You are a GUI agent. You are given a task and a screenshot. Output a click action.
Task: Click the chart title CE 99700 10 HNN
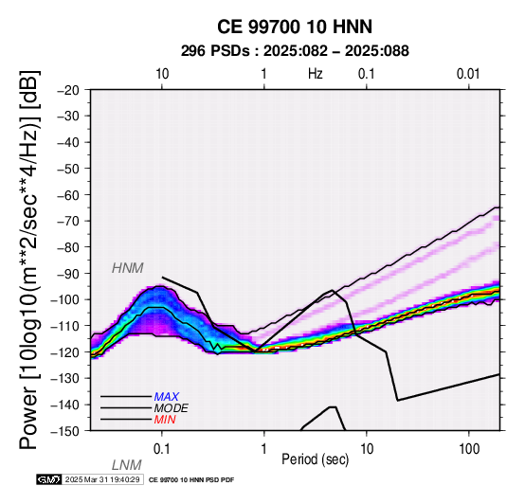click(x=295, y=27)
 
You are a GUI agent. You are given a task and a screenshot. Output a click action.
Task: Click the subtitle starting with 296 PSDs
click(x=295, y=51)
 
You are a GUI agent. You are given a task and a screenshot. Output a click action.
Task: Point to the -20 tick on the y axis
click(x=68, y=90)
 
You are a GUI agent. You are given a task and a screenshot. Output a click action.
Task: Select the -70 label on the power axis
click(x=68, y=221)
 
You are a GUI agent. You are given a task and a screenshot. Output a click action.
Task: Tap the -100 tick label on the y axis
click(x=65, y=299)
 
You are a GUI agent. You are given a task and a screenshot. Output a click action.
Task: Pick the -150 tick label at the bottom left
click(x=65, y=431)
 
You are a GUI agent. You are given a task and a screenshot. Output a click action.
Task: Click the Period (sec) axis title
click(x=315, y=459)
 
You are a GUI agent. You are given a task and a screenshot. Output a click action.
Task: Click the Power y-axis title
click(x=29, y=260)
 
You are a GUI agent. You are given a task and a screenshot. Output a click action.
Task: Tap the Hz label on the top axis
click(x=315, y=74)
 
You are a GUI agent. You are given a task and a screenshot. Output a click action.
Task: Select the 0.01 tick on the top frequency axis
click(x=468, y=74)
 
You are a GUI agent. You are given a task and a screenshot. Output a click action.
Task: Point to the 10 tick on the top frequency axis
click(x=162, y=74)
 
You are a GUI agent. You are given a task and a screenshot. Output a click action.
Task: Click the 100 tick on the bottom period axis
click(x=469, y=449)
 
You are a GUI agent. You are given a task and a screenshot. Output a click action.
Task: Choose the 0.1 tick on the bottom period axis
click(x=162, y=449)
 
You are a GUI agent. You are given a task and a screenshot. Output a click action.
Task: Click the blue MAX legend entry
click(x=167, y=397)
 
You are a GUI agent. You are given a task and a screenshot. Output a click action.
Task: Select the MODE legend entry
click(x=172, y=408)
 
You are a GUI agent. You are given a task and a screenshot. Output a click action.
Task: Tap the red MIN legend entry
click(x=165, y=420)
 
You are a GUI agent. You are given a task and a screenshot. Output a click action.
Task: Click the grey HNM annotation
click(x=128, y=268)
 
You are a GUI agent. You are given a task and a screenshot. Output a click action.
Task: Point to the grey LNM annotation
click(x=127, y=465)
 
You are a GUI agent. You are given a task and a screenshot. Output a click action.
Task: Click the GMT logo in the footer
click(x=49, y=479)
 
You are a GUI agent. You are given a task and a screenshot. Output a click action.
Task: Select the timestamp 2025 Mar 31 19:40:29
click(x=102, y=479)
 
